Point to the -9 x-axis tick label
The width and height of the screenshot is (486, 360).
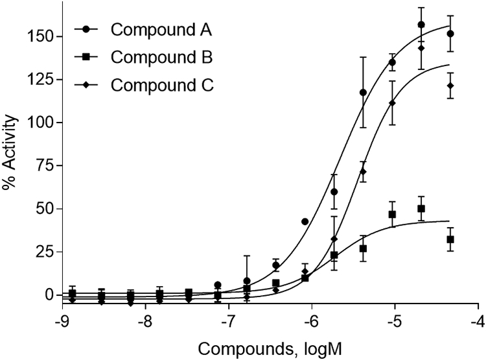[x=62, y=322]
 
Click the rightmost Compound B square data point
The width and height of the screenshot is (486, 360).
[x=450, y=239]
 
